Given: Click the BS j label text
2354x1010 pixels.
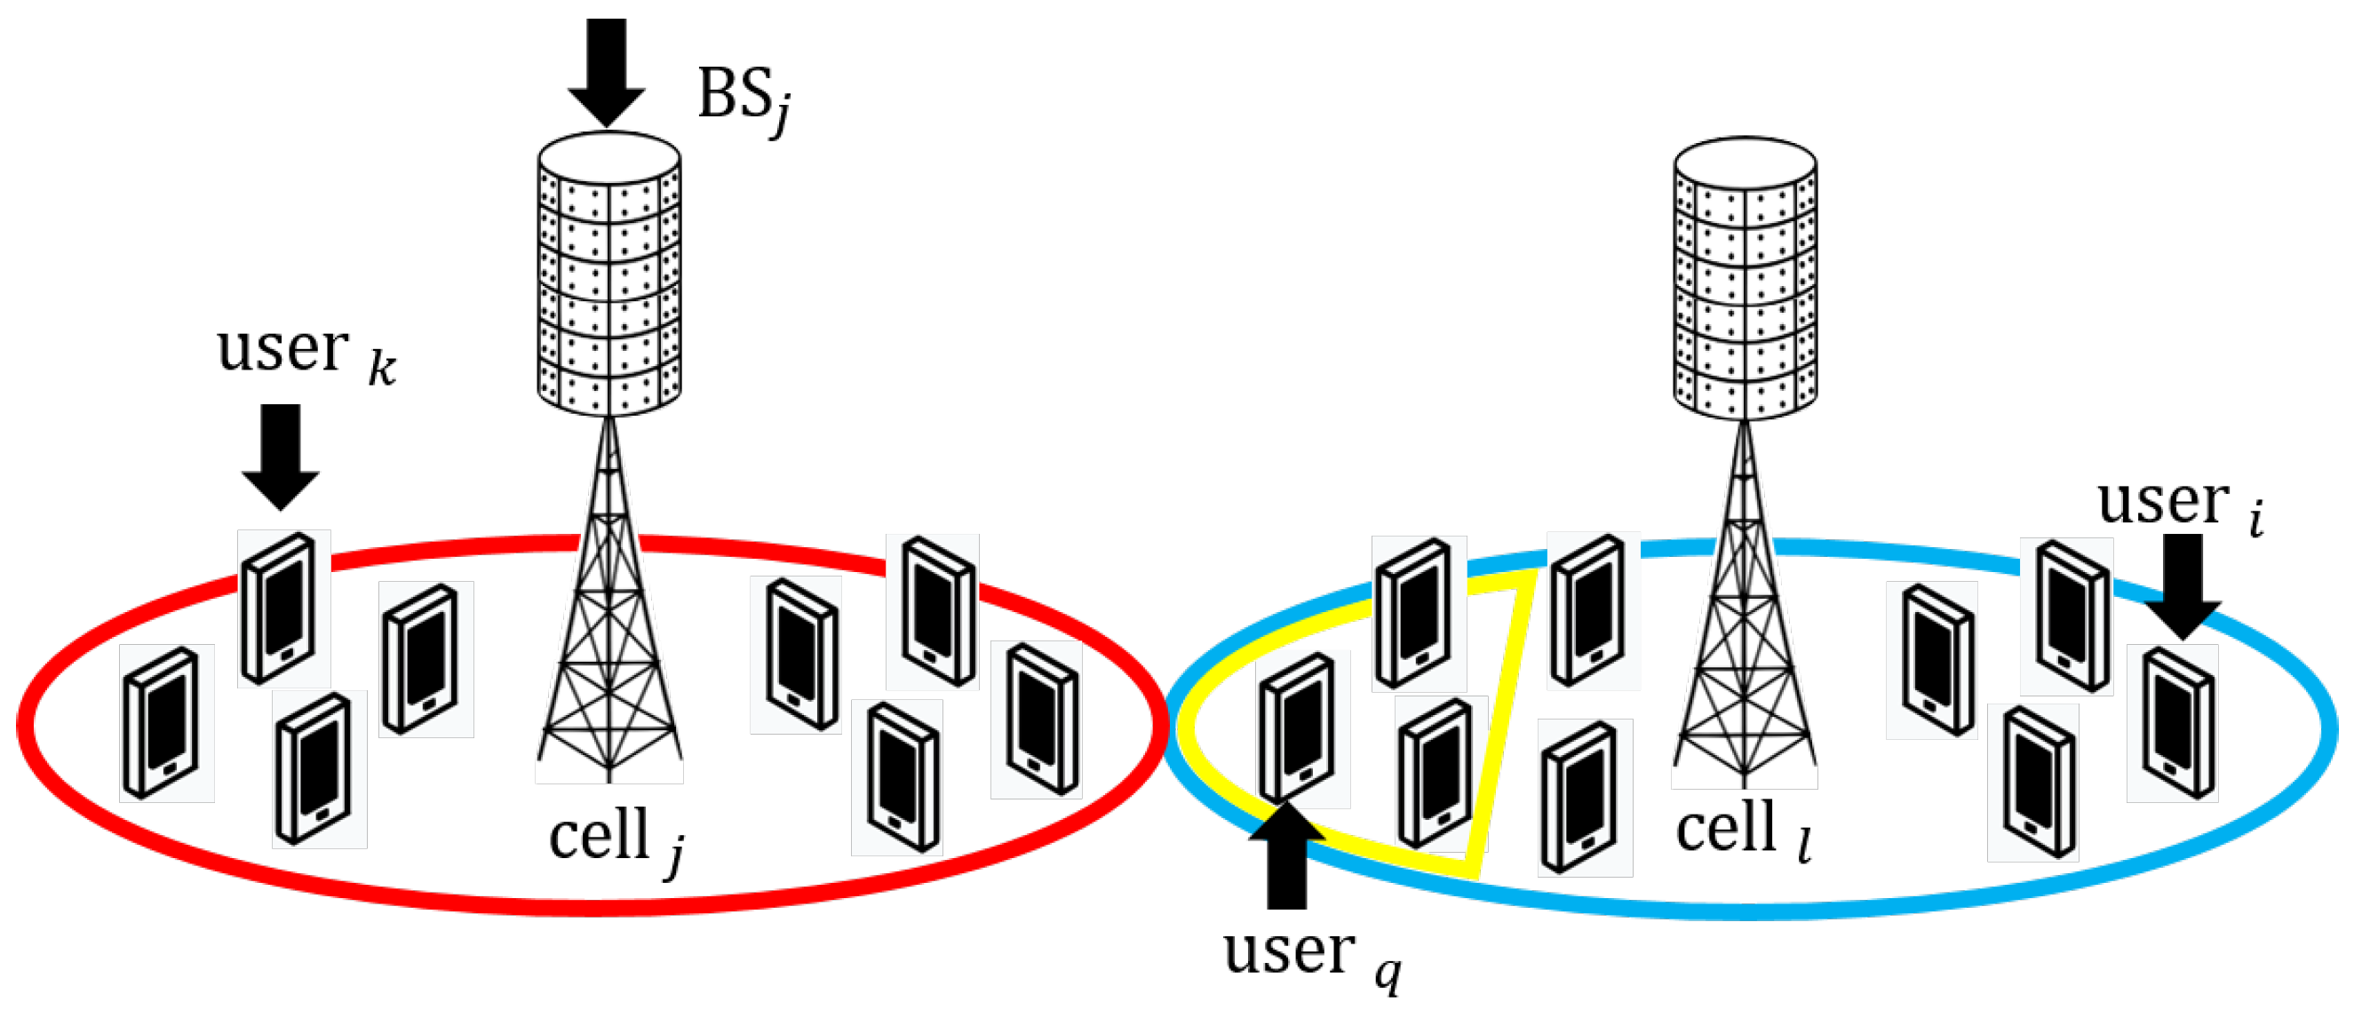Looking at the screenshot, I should [x=743, y=99].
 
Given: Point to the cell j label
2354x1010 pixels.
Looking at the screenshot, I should [x=615, y=839].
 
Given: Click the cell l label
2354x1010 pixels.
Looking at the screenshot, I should [x=1742, y=831].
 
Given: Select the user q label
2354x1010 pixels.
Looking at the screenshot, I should [x=1310, y=956].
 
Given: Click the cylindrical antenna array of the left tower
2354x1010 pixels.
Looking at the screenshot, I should [x=608, y=274].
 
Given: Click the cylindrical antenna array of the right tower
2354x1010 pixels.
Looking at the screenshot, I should [x=1745, y=279].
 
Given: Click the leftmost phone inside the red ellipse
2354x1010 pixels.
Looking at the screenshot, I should [x=163, y=723].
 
